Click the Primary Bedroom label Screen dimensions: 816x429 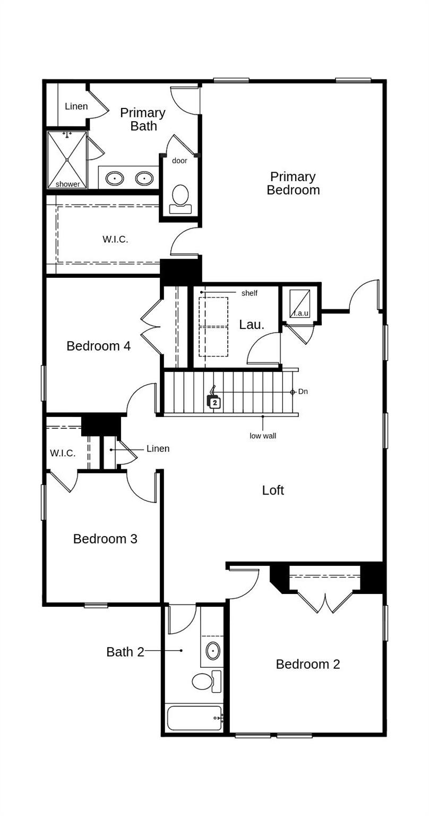(x=293, y=183)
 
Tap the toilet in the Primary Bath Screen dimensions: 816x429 (x=181, y=198)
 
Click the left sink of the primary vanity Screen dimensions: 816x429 (x=115, y=178)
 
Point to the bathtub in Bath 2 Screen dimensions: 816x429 (x=194, y=718)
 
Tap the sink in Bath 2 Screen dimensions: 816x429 (x=213, y=651)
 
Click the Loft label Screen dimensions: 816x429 (x=273, y=490)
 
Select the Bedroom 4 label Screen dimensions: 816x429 (x=98, y=346)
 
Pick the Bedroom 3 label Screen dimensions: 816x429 (x=105, y=539)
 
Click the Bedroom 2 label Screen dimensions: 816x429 (x=308, y=664)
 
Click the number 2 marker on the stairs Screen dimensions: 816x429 (x=214, y=403)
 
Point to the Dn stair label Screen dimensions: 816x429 (x=303, y=392)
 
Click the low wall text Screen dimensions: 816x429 (x=263, y=436)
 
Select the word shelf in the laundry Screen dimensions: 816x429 (x=249, y=293)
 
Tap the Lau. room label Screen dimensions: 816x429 (x=252, y=325)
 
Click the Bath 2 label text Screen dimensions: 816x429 (x=125, y=652)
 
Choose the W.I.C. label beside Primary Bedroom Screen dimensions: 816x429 (x=115, y=239)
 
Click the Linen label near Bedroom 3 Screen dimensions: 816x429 (x=158, y=449)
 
